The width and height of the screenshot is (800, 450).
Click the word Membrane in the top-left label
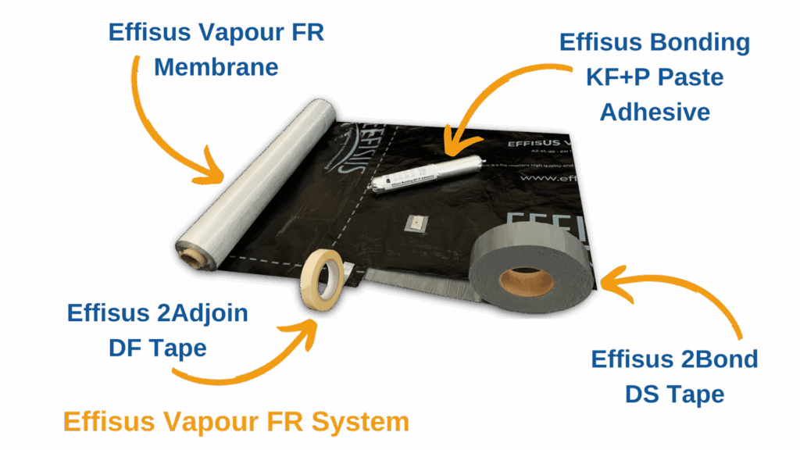tap(216, 67)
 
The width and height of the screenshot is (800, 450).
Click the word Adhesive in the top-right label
tap(655, 112)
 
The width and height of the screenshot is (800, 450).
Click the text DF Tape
tap(158, 347)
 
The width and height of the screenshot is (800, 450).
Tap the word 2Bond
tap(707, 359)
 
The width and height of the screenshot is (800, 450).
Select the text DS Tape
tap(674, 394)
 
